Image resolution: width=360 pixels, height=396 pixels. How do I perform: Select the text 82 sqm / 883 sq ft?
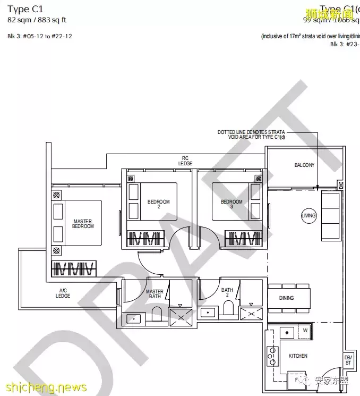(37, 20)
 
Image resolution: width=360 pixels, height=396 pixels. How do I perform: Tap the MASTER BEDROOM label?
(83, 224)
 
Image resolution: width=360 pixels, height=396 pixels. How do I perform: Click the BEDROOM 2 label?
(158, 204)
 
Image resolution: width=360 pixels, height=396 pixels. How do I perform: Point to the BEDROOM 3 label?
(232, 204)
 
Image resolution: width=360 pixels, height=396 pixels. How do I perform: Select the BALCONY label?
(304, 165)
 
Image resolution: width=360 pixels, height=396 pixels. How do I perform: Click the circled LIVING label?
(308, 216)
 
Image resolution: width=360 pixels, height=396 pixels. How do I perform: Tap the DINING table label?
(287, 298)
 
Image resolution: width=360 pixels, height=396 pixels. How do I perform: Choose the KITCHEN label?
(298, 356)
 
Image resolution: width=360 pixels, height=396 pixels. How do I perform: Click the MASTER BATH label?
(155, 294)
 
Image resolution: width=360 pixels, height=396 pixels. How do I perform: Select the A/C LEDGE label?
(63, 293)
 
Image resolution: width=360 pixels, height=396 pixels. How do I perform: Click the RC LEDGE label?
(185, 161)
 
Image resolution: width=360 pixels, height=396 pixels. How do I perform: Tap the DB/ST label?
(348, 360)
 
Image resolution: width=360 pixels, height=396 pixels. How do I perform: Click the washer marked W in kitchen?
(305, 331)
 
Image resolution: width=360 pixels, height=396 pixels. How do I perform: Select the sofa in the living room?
(331, 215)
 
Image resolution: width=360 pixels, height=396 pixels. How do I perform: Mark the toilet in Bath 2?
(229, 309)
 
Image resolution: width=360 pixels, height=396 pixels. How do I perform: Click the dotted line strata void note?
(251, 134)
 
